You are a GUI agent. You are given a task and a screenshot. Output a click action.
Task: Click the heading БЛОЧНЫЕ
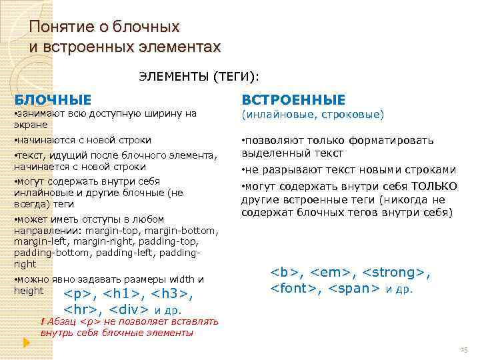click(53, 100)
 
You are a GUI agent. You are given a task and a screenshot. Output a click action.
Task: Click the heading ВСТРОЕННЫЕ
click(293, 100)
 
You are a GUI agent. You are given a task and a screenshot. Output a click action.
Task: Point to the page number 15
click(464, 350)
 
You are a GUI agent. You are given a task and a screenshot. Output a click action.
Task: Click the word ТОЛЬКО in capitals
click(435, 186)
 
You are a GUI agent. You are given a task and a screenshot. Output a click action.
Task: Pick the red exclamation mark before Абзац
click(43, 321)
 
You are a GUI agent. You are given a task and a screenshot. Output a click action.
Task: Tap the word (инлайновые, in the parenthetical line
click(275, 115)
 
